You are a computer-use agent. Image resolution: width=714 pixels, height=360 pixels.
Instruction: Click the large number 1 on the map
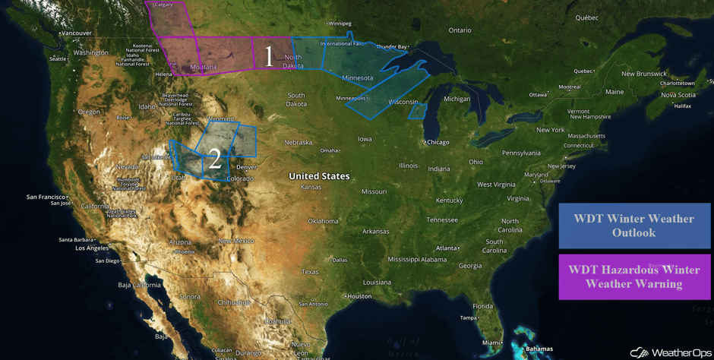267,56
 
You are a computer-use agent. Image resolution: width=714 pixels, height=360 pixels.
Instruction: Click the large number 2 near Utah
215,159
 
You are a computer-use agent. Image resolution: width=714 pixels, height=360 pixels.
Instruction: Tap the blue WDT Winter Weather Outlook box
634,226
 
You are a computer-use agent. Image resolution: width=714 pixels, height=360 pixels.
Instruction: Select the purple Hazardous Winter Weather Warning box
634,276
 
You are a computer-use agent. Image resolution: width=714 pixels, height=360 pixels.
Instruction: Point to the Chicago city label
438,142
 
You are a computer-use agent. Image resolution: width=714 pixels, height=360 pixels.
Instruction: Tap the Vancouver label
76,33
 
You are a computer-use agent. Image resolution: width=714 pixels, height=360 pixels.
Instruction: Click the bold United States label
319,176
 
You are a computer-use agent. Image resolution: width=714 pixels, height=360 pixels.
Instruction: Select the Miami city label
491,343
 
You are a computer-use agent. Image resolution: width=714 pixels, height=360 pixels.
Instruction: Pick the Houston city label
359,296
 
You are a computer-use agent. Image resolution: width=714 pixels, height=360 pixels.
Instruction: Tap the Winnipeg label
340,24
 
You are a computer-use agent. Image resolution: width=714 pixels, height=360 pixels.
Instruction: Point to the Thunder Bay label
392,47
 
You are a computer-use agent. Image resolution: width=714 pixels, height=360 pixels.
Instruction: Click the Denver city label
246,167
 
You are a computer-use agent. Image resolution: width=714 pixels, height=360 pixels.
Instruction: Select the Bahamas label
539,349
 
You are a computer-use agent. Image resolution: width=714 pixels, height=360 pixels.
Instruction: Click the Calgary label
163,5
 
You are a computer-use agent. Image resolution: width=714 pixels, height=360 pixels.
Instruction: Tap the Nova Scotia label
678,95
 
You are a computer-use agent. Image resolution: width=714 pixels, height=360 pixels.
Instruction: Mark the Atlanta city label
447,248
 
